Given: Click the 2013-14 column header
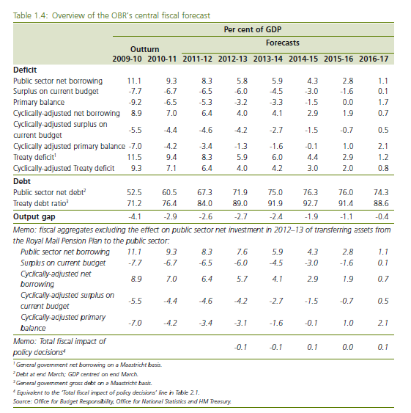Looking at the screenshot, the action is point(268,59).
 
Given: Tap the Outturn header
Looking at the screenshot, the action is point(145,49).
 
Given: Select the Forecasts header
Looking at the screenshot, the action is point(283,43).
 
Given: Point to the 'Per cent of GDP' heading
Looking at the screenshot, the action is point(253,29).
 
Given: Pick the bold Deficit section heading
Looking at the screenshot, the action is point(25,70).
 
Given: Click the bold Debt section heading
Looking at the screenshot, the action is point(22,181).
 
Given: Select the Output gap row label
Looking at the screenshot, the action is point(34,216).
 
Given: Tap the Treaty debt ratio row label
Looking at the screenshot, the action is point(41,203).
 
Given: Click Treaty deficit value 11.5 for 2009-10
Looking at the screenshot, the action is point(135,157).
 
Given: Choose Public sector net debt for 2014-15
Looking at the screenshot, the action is point(311,192).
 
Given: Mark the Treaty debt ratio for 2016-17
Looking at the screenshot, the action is point(381,203).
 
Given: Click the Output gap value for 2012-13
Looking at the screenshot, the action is point(240,216).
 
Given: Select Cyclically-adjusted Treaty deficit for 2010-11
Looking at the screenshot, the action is point(171,168).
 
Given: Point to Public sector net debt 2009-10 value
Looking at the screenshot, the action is point(134,192).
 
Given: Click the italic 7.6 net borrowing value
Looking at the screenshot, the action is point(242,252).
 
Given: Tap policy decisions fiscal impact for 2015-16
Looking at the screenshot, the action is point(347,347).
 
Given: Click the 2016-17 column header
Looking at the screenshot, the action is point(374,59).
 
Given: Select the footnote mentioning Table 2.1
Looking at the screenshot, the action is point(106,392).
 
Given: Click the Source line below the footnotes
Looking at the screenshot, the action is point(122,401).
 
